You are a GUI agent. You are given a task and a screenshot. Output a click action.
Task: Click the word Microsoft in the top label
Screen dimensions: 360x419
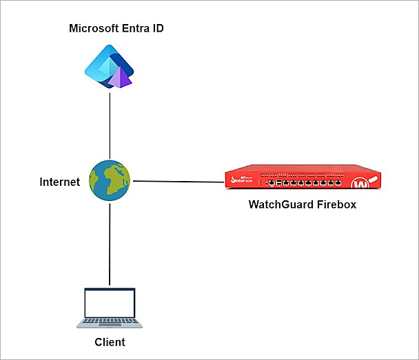pyautogui.click(x=94, y=28)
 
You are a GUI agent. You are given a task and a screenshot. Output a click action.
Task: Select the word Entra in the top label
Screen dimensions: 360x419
pyautogui.click(x=134, y=28)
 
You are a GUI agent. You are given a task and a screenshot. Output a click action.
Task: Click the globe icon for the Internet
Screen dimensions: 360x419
pyautogui.click(x=110, y=181)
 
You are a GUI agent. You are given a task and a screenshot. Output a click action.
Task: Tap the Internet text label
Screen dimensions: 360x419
pyautogui.click(x=59, y=182)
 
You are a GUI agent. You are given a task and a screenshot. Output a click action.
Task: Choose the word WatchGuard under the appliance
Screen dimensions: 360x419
pyautogui.click(x=278, y=204)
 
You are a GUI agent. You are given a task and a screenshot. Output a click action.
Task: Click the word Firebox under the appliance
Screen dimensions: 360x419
pyautogui.click(x=335, y=204)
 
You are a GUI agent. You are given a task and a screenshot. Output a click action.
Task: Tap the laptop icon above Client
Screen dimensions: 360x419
pyautogui.click(x=110, y=307)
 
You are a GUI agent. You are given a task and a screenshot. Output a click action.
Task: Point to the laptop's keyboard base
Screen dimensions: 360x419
pyautogui.click(x=110, y=321)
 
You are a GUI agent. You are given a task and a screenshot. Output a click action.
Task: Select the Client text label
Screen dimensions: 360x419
pyautogui.click(x=110, y=341)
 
